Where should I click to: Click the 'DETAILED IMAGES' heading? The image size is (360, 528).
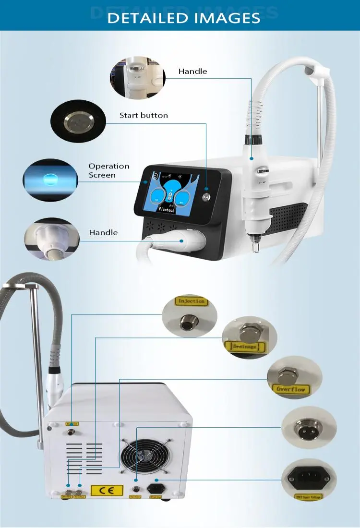(x=184, y=18)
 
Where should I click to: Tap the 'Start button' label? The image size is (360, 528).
(x=144, y=115)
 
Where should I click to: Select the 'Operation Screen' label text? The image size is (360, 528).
(x=109, y=170)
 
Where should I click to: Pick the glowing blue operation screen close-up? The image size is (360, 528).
(x=50, y=180)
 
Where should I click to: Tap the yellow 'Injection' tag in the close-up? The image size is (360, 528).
(x=192, y=301)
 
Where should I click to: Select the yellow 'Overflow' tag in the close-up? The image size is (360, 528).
(x=289, y=389)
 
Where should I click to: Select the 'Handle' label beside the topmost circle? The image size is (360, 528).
(x=192, y=71)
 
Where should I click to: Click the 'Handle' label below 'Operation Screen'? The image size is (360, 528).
(x=103, y=232)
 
